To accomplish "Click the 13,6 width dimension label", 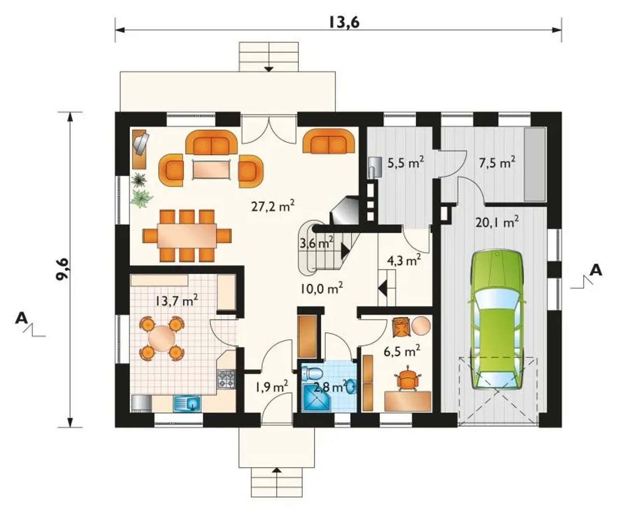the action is (344, 23).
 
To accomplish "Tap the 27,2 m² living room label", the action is (273, 206).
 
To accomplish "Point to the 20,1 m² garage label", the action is (497, 222).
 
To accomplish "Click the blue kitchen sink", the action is (187, 403).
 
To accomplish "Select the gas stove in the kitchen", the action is (227, 379).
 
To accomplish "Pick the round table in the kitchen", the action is (161, 338).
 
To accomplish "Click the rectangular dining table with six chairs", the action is (187, 236).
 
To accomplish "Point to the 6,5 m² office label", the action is (402, 352).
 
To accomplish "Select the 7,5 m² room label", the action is (497, 162).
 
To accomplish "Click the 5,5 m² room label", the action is (406, 163).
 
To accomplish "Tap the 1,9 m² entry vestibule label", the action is (271, 387).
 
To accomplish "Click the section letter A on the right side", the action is (596, 270).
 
